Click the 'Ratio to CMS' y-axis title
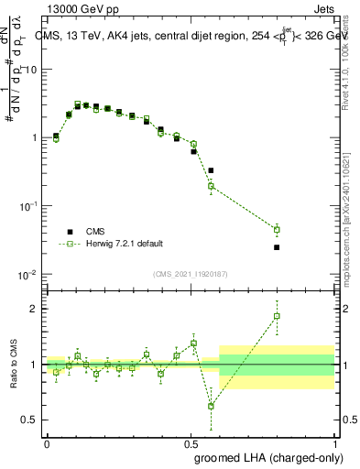point(12,365)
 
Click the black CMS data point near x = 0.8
point(277,247)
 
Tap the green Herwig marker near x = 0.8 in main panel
point(277,229)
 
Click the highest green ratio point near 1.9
point(277,316)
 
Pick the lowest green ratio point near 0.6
point(211,406)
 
